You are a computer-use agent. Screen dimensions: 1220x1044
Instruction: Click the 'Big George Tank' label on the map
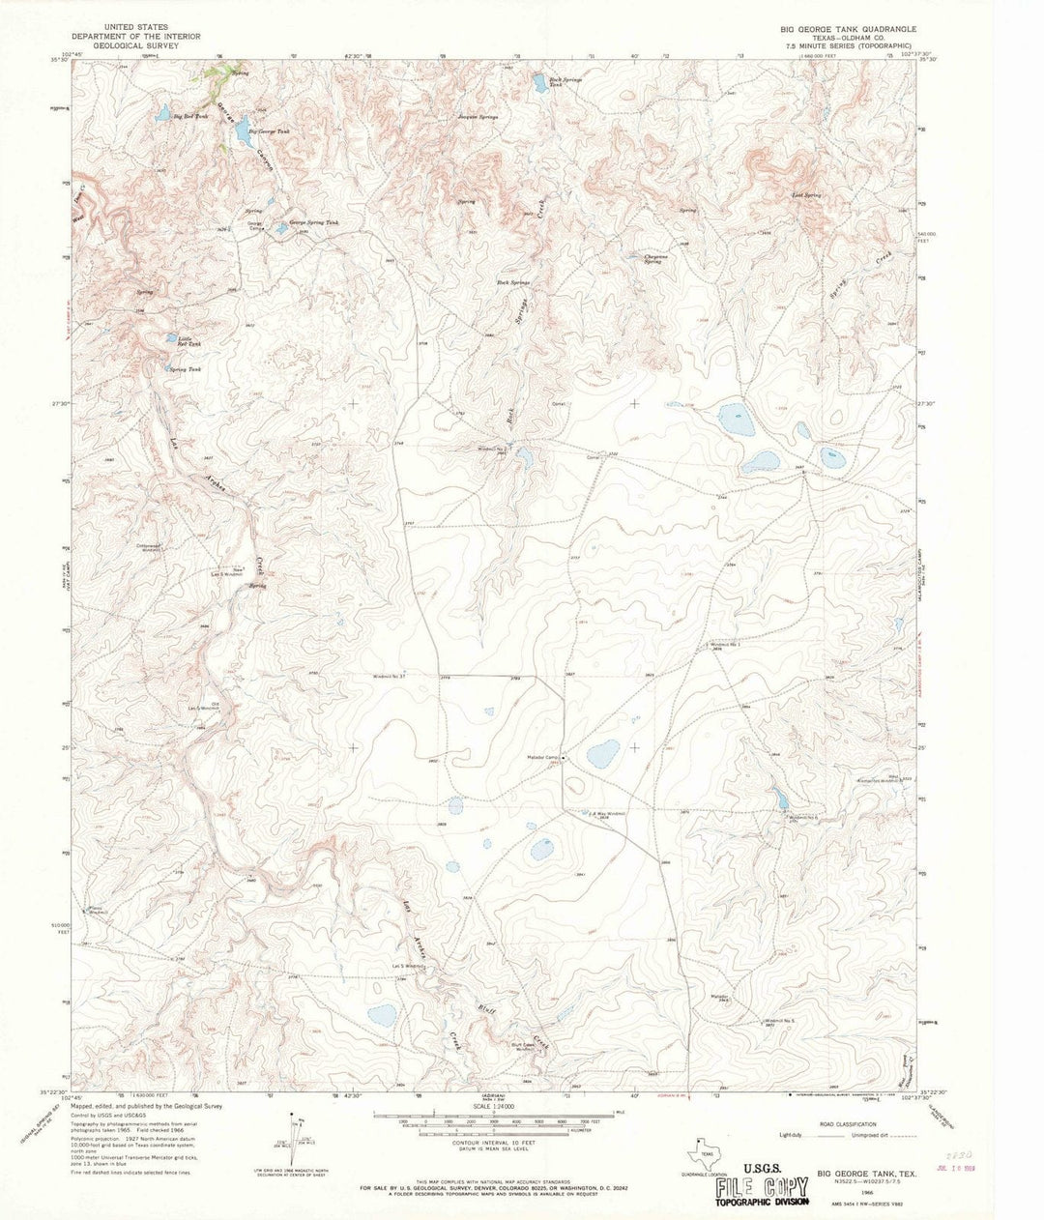click(x=269, y=131)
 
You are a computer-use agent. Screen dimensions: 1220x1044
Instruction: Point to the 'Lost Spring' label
click(x=806, y=195)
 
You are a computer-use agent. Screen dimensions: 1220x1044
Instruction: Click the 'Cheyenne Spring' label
click(x=658, y=258)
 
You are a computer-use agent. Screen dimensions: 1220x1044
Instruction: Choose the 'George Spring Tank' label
click(x=306, y=222)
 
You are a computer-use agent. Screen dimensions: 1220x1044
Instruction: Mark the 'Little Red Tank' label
click(x=189, y=340)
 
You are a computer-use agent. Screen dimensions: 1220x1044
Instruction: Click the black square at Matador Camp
click(x=565, y=758)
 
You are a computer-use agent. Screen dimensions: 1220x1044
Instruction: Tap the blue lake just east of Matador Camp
click(x=603, y=751)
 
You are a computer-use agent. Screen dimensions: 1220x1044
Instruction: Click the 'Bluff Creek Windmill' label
click(x=525, y=1046)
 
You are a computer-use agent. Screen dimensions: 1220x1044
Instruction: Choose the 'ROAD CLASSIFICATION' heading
click(x=843, y=1124)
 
